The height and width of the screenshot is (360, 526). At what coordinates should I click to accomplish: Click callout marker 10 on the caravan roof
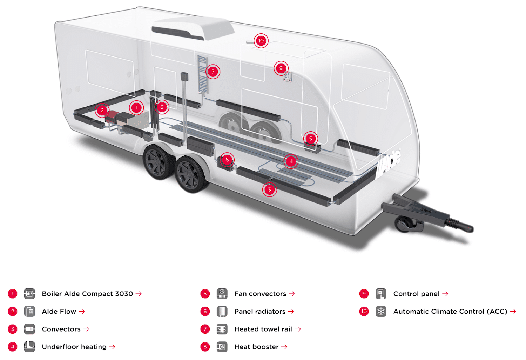pos(261,41)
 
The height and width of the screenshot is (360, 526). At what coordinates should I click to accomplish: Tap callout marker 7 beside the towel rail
pos(213,72)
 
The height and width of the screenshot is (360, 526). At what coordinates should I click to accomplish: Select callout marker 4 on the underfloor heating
pos(291,161)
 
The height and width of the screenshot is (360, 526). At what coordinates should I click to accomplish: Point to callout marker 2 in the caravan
pos(102,110)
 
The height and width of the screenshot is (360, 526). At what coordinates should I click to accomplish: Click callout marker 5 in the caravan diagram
pos(310,139)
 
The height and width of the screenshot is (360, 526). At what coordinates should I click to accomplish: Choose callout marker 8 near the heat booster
pos(227,160)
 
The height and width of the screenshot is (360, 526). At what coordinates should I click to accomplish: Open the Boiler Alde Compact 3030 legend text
pos(87,294)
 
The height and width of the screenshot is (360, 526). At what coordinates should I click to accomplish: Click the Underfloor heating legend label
pos(74,347)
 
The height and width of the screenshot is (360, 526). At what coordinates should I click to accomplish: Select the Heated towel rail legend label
pos(263,329)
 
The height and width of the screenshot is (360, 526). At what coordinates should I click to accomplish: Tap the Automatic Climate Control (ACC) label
pos(450,312)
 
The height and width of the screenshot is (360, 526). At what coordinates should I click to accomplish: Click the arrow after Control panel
pos(445,294)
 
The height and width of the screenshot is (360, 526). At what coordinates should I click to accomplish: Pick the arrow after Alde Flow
pos(82,312)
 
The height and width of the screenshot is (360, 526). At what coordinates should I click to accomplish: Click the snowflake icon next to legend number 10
pos(381,312)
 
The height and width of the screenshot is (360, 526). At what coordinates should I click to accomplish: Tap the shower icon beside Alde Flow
pos(29,312)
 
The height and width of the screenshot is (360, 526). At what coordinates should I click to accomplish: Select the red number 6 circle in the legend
pos(205,312)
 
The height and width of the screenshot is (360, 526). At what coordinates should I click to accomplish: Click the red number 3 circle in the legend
pos(13,329)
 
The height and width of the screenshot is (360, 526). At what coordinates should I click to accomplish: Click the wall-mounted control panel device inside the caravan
pos(288,77)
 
